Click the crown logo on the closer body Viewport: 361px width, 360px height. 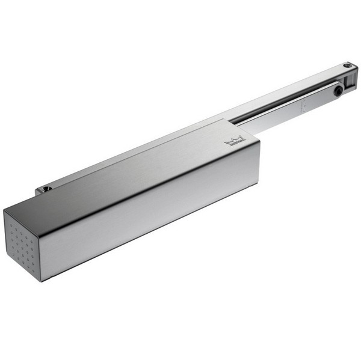(x=235, y=141)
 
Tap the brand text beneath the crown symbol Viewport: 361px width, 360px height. (x=235, y=145)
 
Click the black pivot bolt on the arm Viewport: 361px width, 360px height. (x=339, y=91)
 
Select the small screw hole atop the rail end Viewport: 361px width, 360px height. (x=347, y=65)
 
